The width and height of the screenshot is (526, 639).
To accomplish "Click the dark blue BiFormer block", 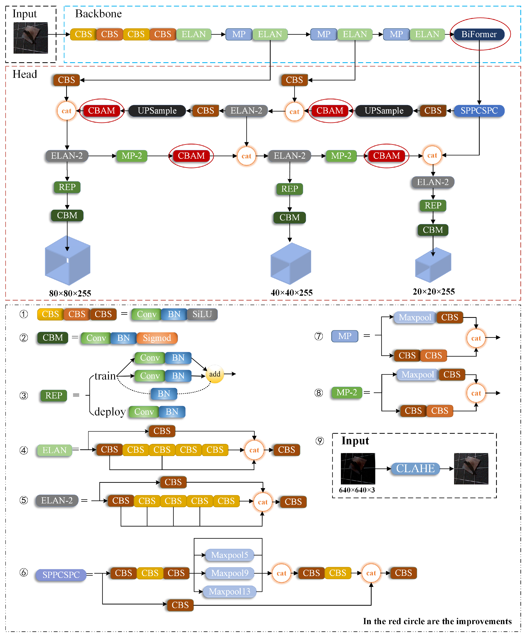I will [x=479, y=34].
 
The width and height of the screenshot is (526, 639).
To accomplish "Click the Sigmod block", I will [x=157, y=338].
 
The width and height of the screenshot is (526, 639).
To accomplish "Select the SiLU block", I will [x=202, y=314].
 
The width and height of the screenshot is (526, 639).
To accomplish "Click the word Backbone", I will [x=98, y=14].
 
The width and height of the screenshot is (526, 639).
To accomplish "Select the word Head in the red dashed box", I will [x=25, y=74].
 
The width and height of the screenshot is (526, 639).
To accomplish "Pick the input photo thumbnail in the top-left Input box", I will [x=31, y=38].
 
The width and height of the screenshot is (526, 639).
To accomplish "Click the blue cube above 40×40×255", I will [x=290, y=263].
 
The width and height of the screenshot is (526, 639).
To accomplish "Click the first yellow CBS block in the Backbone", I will [x=83, y=34].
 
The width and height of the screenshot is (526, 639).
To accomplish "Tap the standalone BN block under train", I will [x=164, y=393].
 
